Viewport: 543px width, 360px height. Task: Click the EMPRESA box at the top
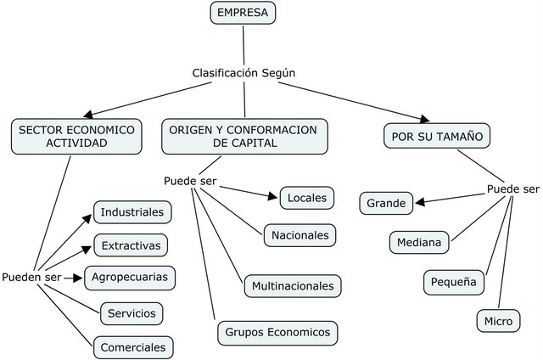pos(244,13)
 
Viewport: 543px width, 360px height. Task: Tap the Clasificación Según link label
pos(244,73)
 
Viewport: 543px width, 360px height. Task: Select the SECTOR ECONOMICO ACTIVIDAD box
pos(76,137)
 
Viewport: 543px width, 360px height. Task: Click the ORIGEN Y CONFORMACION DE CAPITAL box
pos(243,137)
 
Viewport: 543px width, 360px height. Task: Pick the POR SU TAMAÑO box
pos(437,137)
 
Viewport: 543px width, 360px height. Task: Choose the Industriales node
pos(132,211)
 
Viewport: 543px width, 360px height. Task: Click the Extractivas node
pos(131,245)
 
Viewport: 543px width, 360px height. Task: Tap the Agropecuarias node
pos(131,277)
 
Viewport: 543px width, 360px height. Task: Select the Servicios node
pos(132,313)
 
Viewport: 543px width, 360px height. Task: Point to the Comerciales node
pos(132,347)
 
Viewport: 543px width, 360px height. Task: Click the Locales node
pos(306,198)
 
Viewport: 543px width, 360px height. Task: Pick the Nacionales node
pos(301,234)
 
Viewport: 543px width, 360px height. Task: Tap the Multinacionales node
pos(293,286)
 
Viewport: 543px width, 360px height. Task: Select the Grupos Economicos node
pos(277,331)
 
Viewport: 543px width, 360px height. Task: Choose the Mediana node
pos(419,243)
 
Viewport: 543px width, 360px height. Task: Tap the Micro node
pos(498,322)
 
